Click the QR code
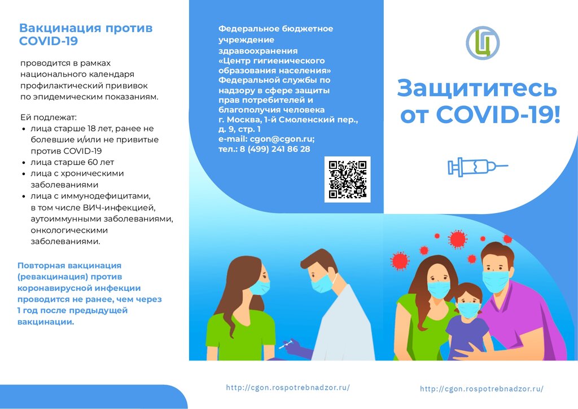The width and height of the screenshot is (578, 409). tap(347, 179)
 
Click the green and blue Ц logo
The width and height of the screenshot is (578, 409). tap(483, 43)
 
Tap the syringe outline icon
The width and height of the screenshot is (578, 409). tap(478, 167)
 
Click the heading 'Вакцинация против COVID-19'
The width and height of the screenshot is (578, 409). tap(86, 34)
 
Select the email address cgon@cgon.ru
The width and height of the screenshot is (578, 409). tap(282, 139)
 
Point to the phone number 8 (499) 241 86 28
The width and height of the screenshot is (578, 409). tap(275, 149)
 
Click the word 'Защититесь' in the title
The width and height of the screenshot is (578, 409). tap(476, 89)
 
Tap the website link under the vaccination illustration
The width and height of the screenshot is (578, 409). tap(287, 387)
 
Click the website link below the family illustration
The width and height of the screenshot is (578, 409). tap(481, 389)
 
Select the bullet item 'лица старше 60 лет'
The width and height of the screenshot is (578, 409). tap(72, 162)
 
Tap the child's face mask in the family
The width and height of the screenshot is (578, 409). tap(468, 310)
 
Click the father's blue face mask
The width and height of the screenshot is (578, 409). tap(495, 281)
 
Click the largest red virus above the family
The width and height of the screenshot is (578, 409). tap(457, 239)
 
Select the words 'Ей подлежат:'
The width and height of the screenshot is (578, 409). tap(49, 118)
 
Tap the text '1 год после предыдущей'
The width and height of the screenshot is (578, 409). tap(72, 311)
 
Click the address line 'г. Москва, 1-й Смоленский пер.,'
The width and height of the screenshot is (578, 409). tap(288, 120)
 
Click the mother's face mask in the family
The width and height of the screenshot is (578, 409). tap(439, 290)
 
